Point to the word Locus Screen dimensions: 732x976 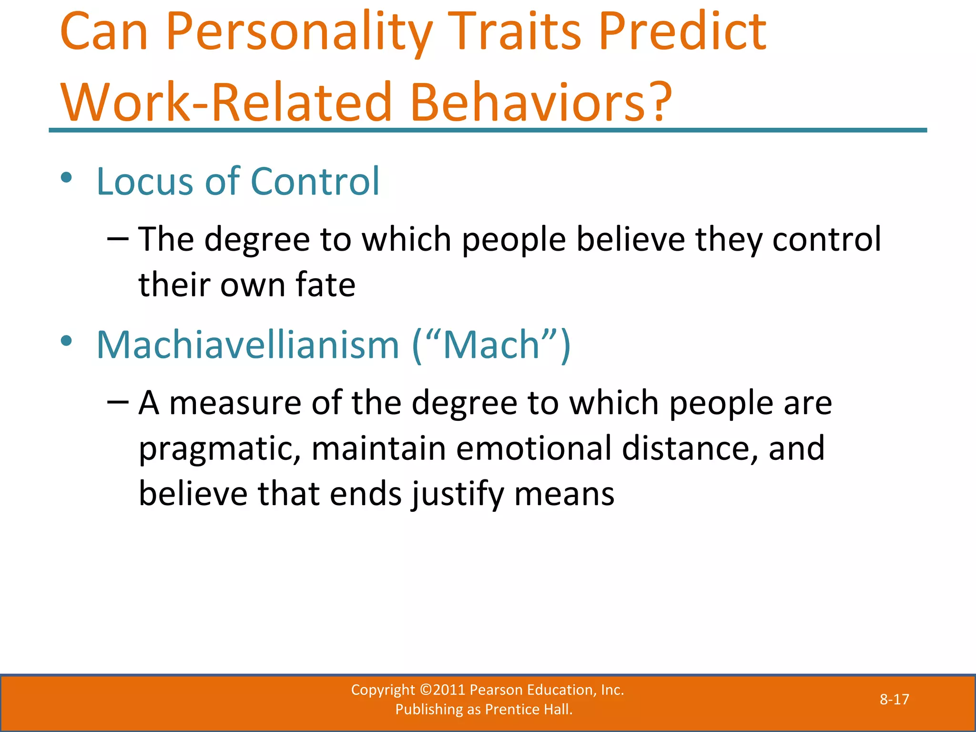pyautogui.click(x=145, y=182)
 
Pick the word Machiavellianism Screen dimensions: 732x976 pyautogui.click(x=247, y=345)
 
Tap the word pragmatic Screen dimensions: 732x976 pyautogui.click(x=220, y=450)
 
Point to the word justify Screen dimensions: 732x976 pyautogui.click(x=457, y=495)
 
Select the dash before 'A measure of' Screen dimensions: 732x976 pyautogui.click(x=118, y=402)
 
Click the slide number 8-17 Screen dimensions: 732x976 pyautogui.click(x=894, y=699)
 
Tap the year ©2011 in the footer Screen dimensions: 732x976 pyautogui.click(x=442, y=690)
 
